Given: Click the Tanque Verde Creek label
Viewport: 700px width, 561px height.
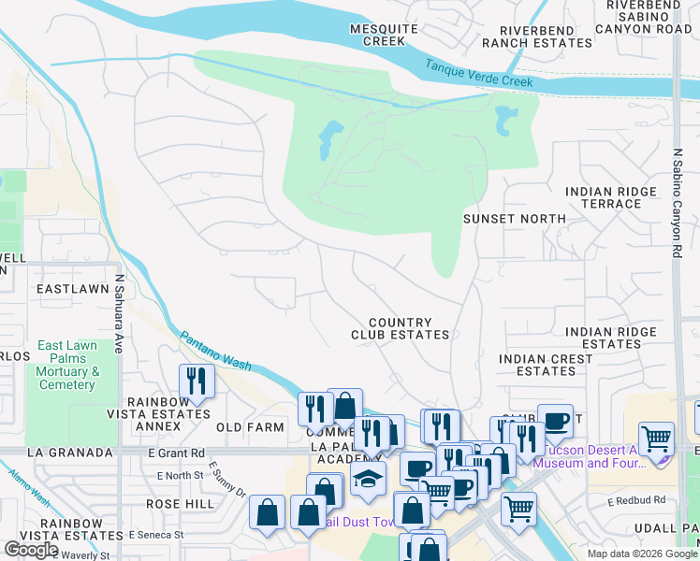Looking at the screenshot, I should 479,75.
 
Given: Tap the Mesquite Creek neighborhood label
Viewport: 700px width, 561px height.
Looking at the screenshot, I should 377,36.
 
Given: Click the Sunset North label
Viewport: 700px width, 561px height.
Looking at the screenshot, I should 515,219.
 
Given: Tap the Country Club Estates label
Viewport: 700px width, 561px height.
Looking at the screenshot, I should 400,328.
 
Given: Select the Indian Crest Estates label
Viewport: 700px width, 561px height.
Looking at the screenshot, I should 546,365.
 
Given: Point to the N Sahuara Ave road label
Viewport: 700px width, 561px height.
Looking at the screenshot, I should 120,313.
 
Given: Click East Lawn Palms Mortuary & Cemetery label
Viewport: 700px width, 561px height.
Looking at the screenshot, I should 67,366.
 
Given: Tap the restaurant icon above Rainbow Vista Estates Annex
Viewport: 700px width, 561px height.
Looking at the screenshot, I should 197,381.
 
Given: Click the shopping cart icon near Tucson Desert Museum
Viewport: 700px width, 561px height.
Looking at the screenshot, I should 657,438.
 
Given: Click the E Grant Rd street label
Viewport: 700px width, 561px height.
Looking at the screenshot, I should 176,453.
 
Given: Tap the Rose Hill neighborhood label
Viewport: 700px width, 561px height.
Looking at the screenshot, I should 181,503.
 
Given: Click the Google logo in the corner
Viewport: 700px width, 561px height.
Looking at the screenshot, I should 32,550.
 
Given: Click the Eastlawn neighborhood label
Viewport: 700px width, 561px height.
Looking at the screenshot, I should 73,290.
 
